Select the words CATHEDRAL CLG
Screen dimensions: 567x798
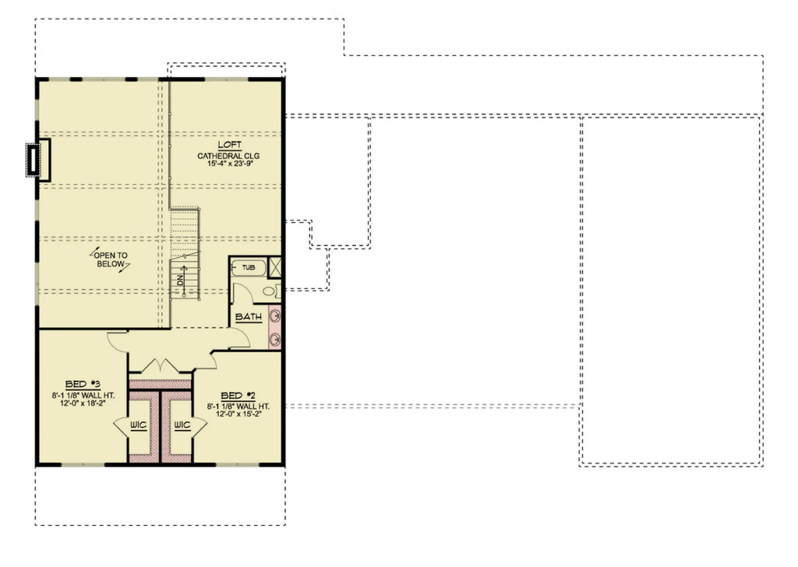[x=228, y=156]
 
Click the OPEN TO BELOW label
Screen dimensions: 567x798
[x=111, y=259]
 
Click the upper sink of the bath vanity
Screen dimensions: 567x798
[x=275, y=316]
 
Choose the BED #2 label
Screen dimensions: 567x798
[x=236, y=395]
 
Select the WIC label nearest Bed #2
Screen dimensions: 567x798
[x=182, y=425]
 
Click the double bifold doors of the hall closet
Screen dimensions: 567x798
[x=161, y=365]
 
